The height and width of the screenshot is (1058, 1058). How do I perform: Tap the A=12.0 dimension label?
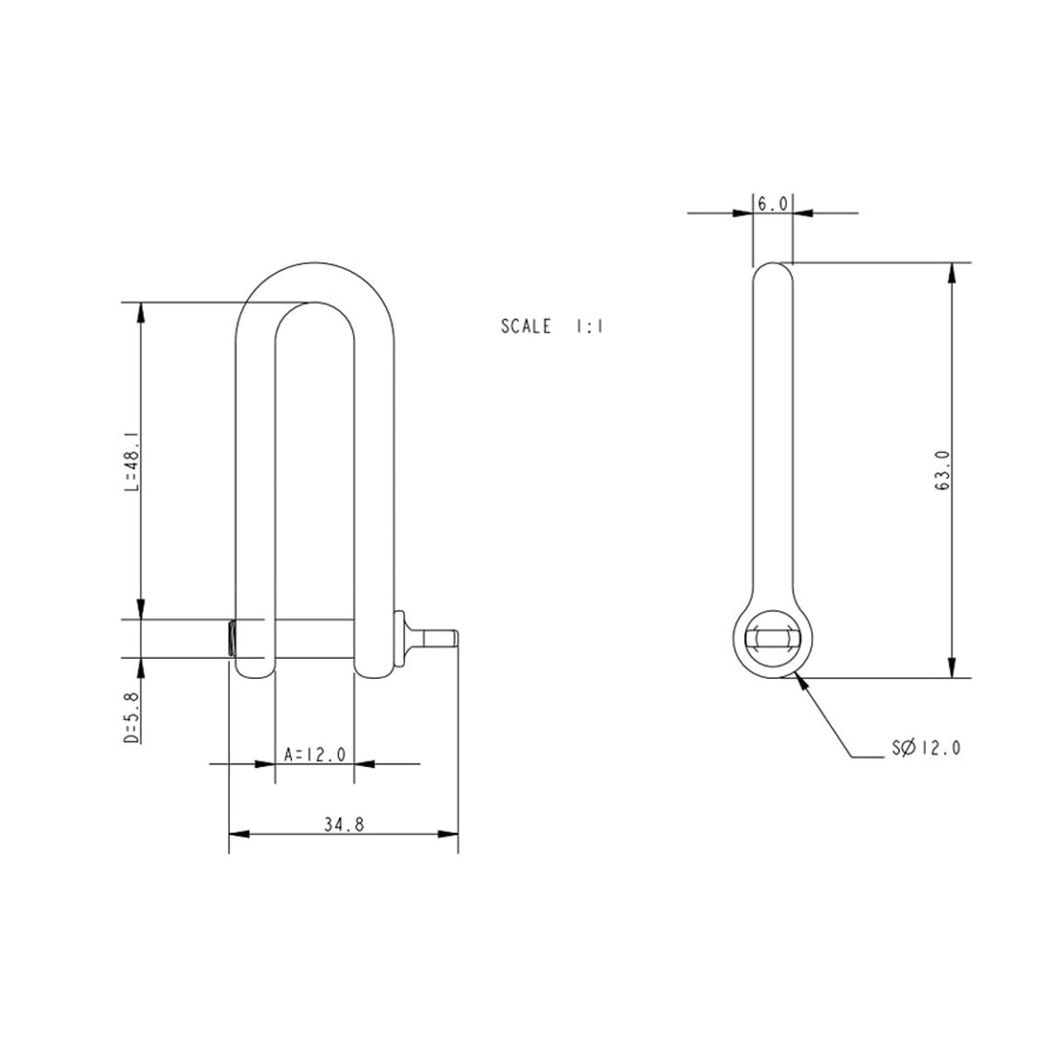pos(315,752)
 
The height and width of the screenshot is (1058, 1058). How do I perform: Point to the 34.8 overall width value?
pos(343,824)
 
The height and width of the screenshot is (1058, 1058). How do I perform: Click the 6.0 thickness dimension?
pos(772,204)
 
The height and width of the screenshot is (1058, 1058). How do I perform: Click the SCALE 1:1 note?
pos(553,327)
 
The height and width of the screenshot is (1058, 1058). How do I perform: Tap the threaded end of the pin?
pos(231,638)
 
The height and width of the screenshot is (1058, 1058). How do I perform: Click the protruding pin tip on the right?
pos(442,638)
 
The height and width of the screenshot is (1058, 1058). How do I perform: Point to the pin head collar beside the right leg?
pos(401,638)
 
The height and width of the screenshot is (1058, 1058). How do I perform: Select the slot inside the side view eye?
pos(772,639)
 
